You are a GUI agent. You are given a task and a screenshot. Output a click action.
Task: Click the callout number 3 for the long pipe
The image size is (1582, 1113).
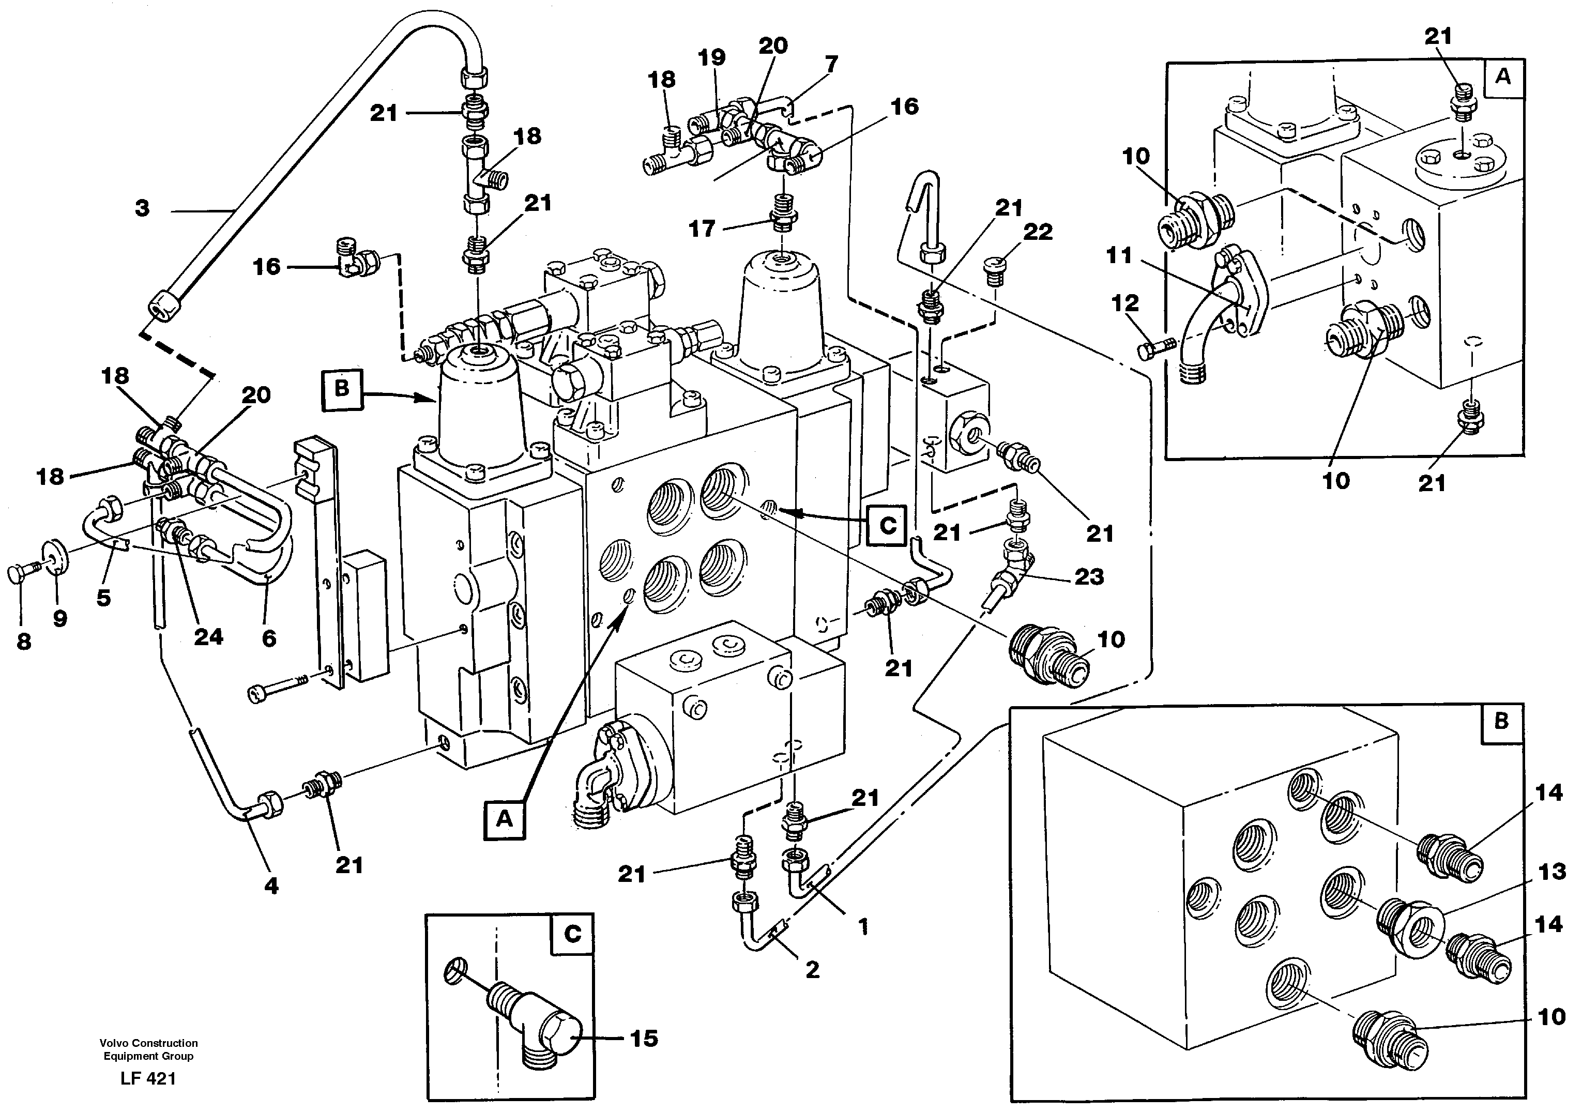[x=142, y=208]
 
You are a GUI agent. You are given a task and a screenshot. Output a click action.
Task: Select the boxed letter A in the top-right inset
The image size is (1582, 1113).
[x=1503, y=77]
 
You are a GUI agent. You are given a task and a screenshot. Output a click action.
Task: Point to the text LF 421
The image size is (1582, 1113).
[x=148, y=1078]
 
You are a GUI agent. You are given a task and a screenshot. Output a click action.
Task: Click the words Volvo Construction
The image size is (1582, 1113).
[x=148, y=1043]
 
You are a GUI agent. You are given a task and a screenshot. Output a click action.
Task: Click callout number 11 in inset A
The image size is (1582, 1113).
[x=1118, y=256]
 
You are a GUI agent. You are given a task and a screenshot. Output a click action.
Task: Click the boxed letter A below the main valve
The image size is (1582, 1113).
[x=505, y=819]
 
